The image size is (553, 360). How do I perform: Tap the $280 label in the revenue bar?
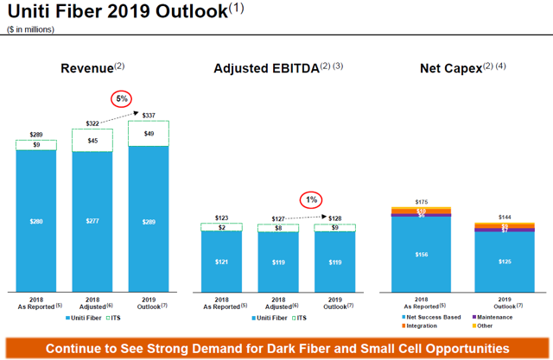click(35, 221)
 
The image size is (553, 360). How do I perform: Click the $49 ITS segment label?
click(149, 133)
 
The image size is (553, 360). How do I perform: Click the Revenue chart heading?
click(92, 68)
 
